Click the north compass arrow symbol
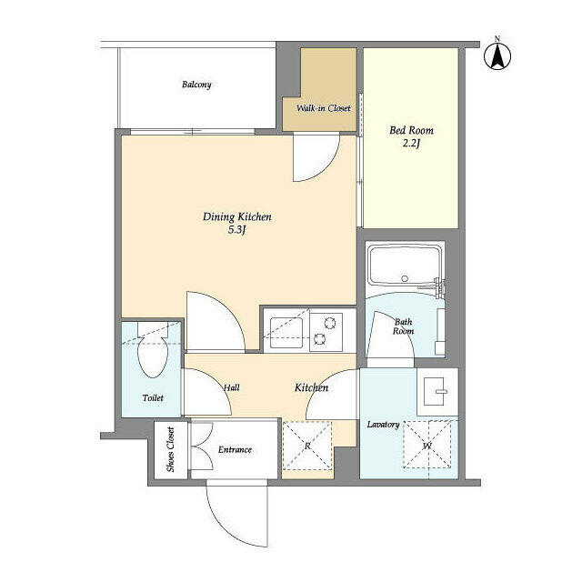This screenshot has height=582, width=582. click(x=497, y=56)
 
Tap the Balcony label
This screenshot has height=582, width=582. click(x=196, y=85)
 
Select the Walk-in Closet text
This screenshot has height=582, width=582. click(x=324, y=108)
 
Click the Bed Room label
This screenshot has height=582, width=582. click(x=411, y=130)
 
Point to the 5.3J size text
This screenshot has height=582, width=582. click(x=237, y=230)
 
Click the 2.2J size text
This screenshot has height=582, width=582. click(x=411, y=144)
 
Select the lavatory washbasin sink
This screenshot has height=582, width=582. click(x=437, y=392)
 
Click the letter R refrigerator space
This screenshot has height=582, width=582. click(x=307, y=447)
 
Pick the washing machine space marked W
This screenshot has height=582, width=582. click(x=427, y=445)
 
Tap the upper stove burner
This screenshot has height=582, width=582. click(x=329, y=324)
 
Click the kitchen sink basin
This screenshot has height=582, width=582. click(x=286, y=332)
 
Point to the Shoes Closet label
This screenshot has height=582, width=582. click(x=170, y=449)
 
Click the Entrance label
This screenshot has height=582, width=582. click(x=235, y=450)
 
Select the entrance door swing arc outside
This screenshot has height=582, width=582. click(x=223, y=527)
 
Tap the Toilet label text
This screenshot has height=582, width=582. click(x=153, y=398)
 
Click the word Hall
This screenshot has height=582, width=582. click(x=232, y=388)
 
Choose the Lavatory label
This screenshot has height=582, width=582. click(x=383, y=425)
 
